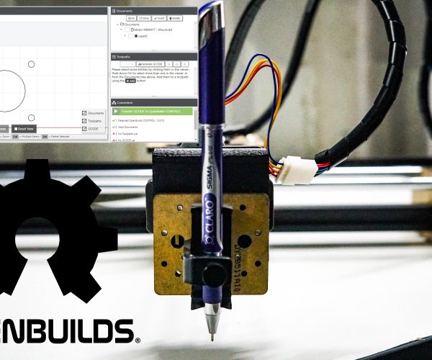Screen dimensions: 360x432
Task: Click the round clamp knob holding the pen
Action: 212,274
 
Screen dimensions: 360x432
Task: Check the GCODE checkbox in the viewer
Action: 84,129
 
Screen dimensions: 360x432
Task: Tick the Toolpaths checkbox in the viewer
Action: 84,121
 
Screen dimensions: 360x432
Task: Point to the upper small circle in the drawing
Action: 31,65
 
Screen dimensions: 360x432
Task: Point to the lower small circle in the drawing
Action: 31,117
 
